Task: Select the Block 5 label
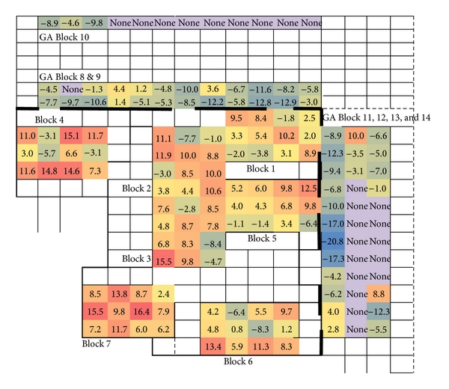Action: (x=262, y=239)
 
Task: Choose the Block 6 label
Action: (x=239, y=361)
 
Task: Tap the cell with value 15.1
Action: (x=73, y=136)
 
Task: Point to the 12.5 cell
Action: (x=309, y=189)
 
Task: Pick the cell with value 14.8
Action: (x=49, y=171)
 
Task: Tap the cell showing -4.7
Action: (x=213, y=260)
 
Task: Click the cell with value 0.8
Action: (x=237, y=328)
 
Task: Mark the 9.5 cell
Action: (x=237, y=118)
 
